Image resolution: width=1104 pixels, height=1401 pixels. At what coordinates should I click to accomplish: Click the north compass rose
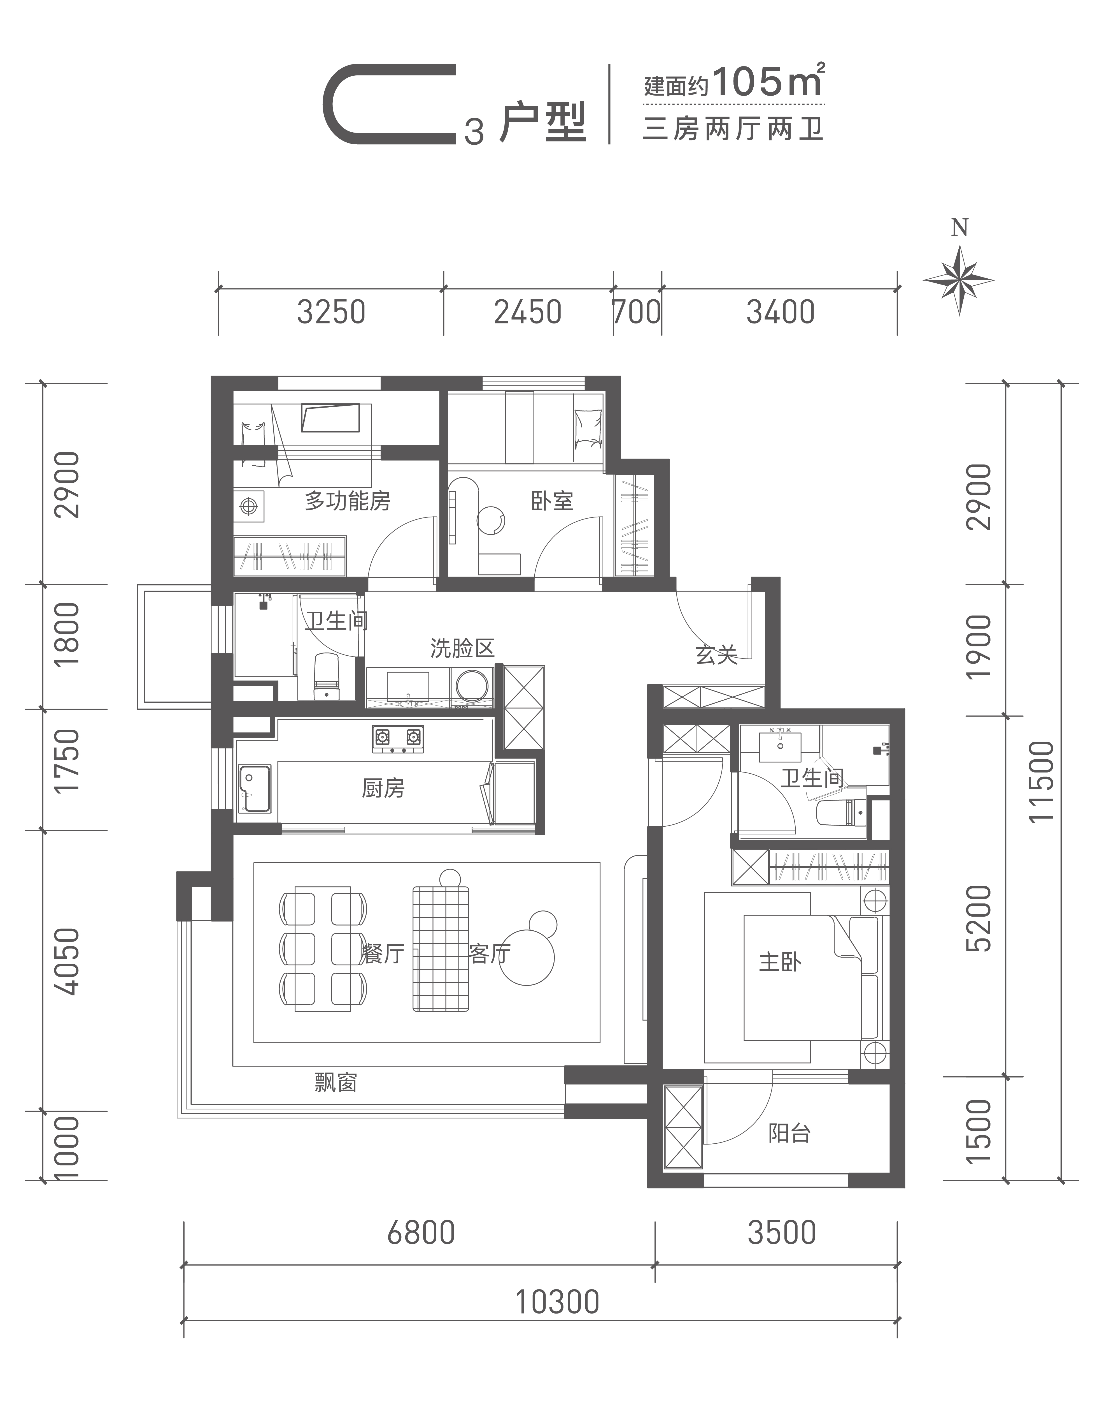959,279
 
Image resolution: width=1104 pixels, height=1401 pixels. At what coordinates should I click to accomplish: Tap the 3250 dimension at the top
332,313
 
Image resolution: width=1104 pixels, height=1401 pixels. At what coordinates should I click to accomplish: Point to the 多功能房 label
348,501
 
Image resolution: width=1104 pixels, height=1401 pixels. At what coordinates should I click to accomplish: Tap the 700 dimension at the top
637,313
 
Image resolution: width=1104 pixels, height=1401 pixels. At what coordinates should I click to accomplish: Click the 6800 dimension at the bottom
421,1233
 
